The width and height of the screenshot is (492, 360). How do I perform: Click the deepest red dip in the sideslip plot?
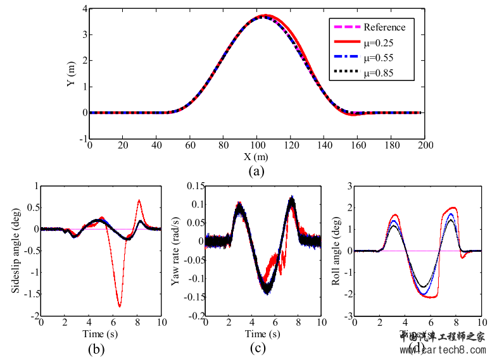[x=119, y=306]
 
